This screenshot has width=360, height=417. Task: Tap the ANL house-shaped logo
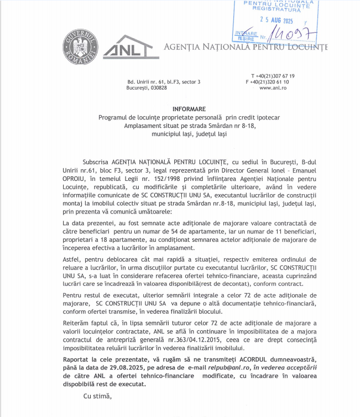[x=127, y=47]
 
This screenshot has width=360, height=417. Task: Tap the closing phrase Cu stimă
[x=97, y=395]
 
